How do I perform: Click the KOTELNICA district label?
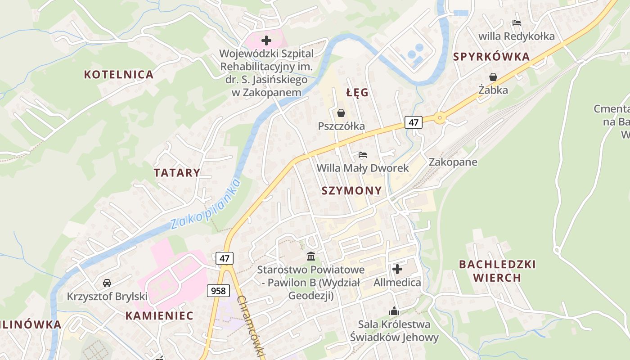click(x=119, y=75)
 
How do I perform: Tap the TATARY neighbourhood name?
click(x=177, y=173)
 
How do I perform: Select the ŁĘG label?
click(x=357, y=93)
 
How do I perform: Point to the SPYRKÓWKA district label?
click(x=491, y=57)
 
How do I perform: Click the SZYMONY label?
click(x=351, y=191)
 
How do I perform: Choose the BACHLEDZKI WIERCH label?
click(x=497, y=270)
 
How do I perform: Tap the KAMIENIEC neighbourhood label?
click(x=159, y=316)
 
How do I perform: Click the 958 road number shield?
click(x=218, y=291)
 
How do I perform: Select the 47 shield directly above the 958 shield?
click(x=225, y=258)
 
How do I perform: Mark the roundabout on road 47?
click(x=440, y=117)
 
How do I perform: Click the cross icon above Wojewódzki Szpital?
click(x=266, y=40)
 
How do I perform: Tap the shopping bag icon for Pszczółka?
click(x=341, y=112)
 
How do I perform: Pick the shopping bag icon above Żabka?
click(x=493, y=77)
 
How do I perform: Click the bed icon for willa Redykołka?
click(x=516, y=22)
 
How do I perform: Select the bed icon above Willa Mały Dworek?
click(x=363, y=155)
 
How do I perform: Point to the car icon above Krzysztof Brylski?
click(x=107, y=283)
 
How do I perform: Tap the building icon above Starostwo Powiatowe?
click(x=310, y=256)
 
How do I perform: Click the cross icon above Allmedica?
click(x=397, y=269)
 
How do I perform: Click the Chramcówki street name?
click(x=250, y=326)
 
